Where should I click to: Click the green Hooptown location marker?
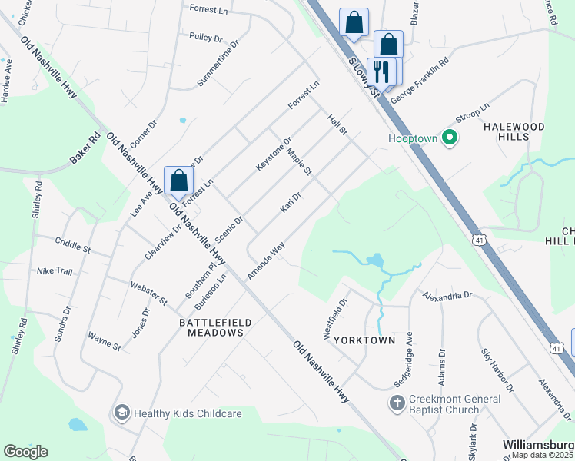(450, 138)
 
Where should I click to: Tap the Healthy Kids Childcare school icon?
(121, 413)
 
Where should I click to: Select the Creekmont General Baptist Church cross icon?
(397, 403)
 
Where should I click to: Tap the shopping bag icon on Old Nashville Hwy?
(178, 181)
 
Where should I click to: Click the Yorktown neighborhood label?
(366, 340)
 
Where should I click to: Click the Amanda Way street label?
(267, 260)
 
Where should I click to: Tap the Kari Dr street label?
(290, 204)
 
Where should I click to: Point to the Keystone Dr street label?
(274, 154)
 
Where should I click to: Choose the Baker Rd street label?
(85, 149)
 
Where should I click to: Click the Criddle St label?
(73, 245)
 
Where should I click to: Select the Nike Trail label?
(55, 271)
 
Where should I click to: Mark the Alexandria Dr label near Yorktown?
(447, 294)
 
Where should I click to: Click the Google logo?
(25, 451)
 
